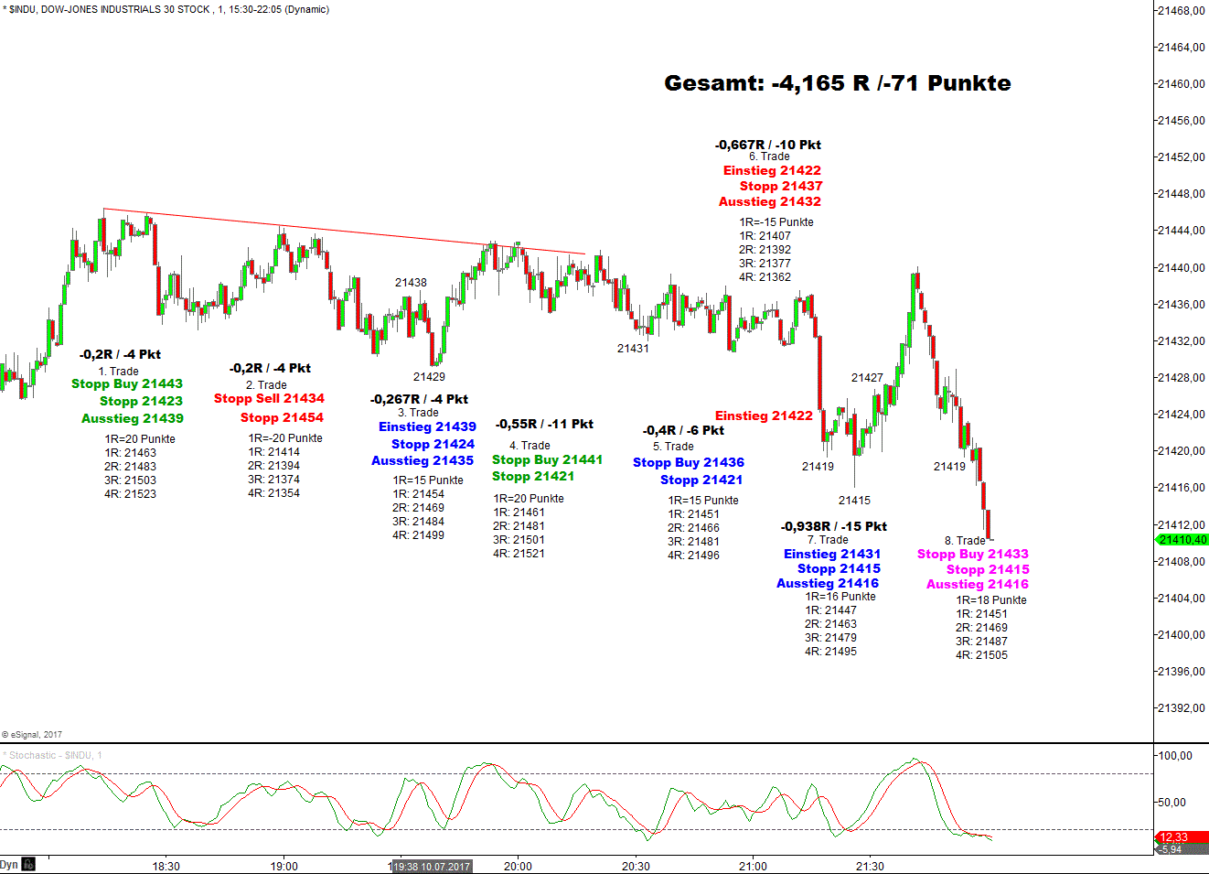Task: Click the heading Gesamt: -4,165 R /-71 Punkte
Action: click(837, 83)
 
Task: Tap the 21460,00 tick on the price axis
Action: click(1182, 84)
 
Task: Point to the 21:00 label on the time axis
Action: click(753, 866)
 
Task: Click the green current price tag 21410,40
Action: click(1182, 540)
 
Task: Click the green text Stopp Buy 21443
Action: click(127, 384)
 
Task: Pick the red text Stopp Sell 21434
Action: click(269, 399)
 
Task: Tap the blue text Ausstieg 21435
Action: click(423, 461)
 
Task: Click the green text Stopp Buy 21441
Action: click(547, 460)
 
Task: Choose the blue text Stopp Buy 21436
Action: click(689, 463)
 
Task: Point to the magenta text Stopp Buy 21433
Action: click(973, 555)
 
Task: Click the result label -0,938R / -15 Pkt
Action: click(834, 527)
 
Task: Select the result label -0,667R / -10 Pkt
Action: click(768, 146)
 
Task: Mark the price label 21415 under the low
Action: click(854, 501)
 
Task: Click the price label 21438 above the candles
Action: click(411, 283)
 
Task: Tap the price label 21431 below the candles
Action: click(633, 349)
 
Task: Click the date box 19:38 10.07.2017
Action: click(432, 867)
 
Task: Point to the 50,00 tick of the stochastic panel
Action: click(1175, 803)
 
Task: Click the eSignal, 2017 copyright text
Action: click(33, 735)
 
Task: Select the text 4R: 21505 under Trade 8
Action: click(981, 655)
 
